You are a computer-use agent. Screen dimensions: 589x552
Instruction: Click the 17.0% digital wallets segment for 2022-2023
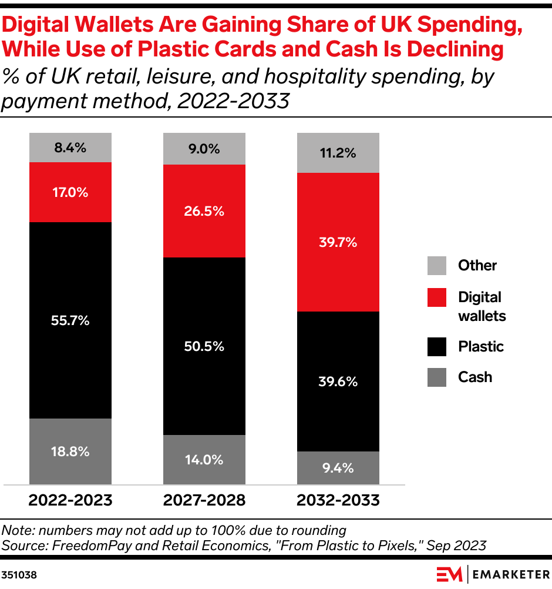click(70, 192)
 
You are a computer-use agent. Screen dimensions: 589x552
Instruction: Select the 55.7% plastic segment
click(70, 320)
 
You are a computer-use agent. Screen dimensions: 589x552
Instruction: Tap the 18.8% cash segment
click(70, 451)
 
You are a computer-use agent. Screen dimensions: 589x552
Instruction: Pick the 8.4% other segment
click(70, 148)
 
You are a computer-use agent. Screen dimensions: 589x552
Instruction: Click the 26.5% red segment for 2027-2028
click(204, 211)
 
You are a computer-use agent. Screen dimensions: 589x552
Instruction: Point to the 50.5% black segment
click(204, 346)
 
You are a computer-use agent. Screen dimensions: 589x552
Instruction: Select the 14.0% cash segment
click(204, 460)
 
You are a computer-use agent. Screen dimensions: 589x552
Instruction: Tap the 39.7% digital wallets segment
click(338, 242)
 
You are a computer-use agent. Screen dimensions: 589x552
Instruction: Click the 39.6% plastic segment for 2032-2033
click(338, 381)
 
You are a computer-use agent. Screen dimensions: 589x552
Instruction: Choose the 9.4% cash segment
click(338, 468)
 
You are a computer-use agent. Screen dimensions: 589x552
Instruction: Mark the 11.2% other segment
click(338, 153)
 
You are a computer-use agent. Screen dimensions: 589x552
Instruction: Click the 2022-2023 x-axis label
click(70, 500)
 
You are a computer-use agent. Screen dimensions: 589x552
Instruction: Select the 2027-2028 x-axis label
click(204, 500)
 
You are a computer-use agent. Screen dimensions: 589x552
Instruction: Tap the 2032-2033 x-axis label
click(338, 500)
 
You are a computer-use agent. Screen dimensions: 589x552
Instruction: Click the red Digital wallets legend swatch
click(437, 297)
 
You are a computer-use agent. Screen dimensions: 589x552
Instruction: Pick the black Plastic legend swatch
click(437, 346)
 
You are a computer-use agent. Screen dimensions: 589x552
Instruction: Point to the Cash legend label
click(474, 377)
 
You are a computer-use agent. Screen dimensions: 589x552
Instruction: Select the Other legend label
click(477, 265)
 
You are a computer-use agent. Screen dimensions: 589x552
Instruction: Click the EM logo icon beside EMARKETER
click(449, 574)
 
